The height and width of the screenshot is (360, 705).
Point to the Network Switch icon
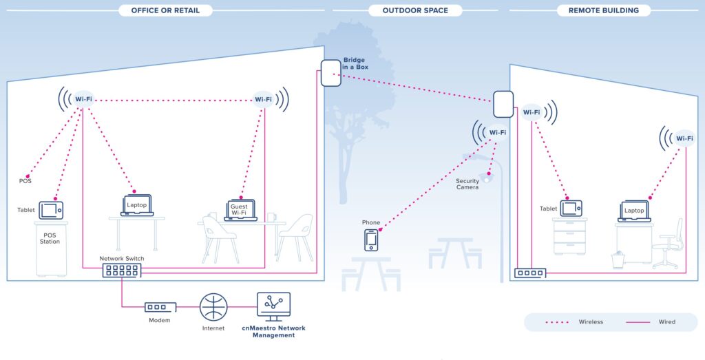pos(122,271)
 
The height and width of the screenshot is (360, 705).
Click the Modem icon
pos(160,307)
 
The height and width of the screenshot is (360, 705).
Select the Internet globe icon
pos(213,307)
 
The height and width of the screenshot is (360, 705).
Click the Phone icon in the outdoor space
pos(371,240)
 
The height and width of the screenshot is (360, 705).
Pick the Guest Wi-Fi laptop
pos(240,210)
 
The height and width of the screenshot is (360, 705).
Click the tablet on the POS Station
pos(51,210)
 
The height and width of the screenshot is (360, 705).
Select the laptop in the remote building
pos(634,211)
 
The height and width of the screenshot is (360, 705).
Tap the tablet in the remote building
pos(571,209)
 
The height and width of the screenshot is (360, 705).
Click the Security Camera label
pos(467,184)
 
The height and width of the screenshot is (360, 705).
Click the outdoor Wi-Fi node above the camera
pos(497,132)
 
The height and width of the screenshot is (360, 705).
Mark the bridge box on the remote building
pos(503,104)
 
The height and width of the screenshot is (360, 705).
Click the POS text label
pos(25,181)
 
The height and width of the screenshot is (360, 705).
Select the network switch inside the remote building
pos(530,273)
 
